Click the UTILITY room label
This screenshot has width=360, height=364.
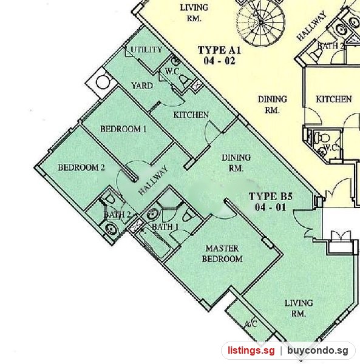pyautogui.click(x=146, y=50)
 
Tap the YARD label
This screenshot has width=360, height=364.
pyautogui.click(x=142, y=86)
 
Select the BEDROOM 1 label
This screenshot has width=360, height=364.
pyautogui.click(x=123, y=129)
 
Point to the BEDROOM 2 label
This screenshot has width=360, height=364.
pyautogui.click(x=81, y=167)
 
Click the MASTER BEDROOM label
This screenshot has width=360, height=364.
pyautogui.click(x=222, y=254)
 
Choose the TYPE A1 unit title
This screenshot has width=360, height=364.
pyautogui.click(x=220, y=55)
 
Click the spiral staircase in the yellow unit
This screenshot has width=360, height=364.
pyautogui.click(x=261, y=22)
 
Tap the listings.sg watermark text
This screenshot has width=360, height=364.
pyautogui.click(x=251, y=351)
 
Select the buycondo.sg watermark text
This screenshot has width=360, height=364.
pyautogui.click(x=318, y=351)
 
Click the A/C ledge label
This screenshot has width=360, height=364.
pyautogui.click(x=251, y=323)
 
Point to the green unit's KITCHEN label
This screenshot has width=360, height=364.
pyautogui.click(x=191, y=115)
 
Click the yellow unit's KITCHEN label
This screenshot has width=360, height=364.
pyautogui.click(x=334, y=99)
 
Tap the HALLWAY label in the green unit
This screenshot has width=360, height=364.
pyautogui.click(x=153, y=180)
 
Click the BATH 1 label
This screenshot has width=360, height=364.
pyautogui.click(x=165, y=226)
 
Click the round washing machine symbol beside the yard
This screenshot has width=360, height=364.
pyautogui.click(x=103, y=82)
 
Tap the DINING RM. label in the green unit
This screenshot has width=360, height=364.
pyautogui.click(x=236, y=163)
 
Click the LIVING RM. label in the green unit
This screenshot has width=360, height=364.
pyautogui.click(x=299, y=308)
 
